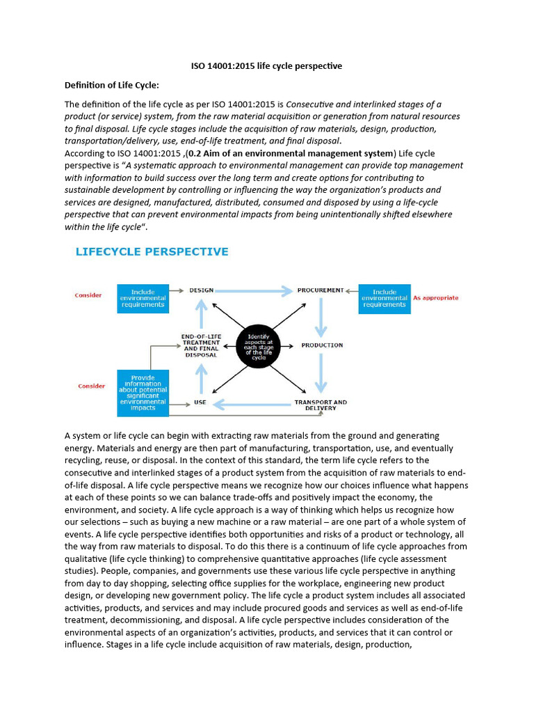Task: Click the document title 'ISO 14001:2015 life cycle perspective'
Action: point(266,66)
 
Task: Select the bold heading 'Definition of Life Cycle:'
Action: point(112,85)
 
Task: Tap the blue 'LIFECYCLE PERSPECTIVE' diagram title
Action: point(152,251)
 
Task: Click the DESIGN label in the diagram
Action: point(201,290)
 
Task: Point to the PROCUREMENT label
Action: point(321,290)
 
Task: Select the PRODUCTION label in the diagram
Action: point(322,345)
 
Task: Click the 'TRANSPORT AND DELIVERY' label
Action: point(321,405)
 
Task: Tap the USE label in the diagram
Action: point(200,402)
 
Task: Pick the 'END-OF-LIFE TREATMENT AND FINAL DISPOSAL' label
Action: point(200,345)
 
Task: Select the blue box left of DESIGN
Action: point(143,297)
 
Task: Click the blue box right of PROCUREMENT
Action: point(384,297)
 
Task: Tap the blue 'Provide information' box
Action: point(143,393)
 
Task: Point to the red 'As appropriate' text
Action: point(436,297)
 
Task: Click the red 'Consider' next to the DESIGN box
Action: point(88,295)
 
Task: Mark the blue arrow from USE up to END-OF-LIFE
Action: point(201,378)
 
